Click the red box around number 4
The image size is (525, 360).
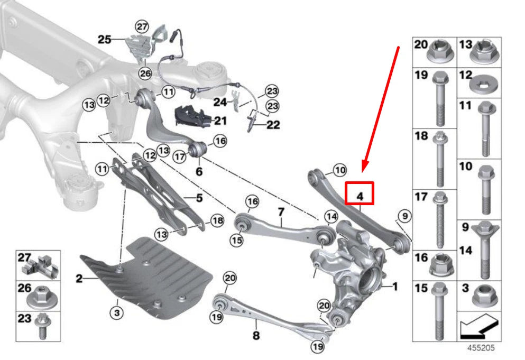pyautogui.click(x=360, y=193)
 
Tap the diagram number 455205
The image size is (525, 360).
pyautogui.click(x=480, y=349)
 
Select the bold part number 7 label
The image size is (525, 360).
pyautogui.click(x=281, y=212)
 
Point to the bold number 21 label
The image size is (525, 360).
pyautogui.click(x=220, y=121)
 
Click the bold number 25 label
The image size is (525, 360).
pyautogui.click(x=105, y=39)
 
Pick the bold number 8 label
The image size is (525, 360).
pyautogui.click(x=255, y=335)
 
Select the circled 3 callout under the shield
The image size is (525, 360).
pyautogui.click(x=117, y=313)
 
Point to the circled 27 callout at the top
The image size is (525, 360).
pyautogui.click(x=141, y=26)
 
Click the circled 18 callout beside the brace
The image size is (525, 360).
pyautogui.click(x=217, y=221)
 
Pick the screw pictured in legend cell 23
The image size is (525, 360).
pyautogui.click(x=41, y=326)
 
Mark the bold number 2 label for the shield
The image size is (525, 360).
pyautogui.click(x=79, y=278)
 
